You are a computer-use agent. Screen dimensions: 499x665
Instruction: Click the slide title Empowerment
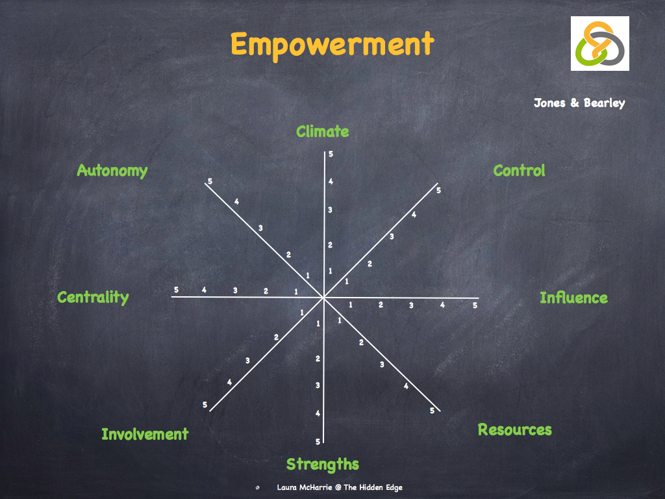[332, 45]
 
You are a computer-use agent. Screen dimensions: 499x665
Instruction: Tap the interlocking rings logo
[599, 44]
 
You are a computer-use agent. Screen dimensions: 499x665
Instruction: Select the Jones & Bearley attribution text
[579, 103]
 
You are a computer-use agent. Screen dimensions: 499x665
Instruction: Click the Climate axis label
[322, 132]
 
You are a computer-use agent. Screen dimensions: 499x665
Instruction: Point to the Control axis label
[519, 171]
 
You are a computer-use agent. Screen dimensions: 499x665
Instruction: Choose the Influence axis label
[573, 298]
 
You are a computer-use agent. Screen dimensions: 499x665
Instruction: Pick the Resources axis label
[514, 429]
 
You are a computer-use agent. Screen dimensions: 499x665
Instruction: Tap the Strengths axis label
[322, 464]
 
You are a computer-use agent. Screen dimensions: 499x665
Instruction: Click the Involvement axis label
[145, 434]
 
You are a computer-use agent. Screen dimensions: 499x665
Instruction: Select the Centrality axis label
[93, 298]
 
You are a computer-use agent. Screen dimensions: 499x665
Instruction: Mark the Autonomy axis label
[112, 171]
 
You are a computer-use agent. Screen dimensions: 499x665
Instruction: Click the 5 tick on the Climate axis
[331, 154]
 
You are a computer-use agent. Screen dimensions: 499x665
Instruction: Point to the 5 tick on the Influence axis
[475, 305]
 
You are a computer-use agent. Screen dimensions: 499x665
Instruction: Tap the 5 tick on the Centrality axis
[176, 290]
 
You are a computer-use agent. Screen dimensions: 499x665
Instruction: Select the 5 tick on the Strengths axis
[318, 442]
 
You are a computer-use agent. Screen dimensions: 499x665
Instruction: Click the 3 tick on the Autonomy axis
[260, 228]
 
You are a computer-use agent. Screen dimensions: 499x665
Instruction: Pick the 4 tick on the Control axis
[414, 214]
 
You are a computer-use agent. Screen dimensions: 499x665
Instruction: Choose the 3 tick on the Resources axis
[382, 365]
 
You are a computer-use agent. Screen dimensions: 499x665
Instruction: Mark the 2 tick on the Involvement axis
[276, 337]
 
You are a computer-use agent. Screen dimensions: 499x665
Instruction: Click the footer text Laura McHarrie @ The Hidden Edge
[339, 487]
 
